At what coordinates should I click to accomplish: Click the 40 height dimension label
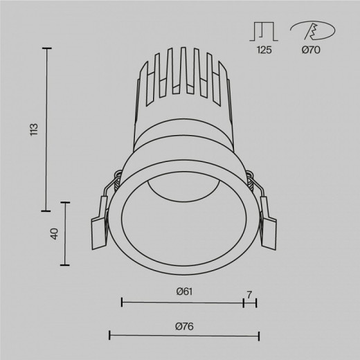point(53,233)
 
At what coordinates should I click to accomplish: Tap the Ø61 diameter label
point(183,291)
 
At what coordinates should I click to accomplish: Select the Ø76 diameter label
point(183,325)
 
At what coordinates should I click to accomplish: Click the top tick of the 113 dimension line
point(47,48)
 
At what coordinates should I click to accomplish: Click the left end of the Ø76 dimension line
point(110,336)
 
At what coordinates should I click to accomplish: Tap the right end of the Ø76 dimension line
point(258,336)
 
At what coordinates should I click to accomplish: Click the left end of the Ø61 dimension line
point(122,302)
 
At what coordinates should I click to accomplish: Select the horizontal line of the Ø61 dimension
point(183,302)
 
